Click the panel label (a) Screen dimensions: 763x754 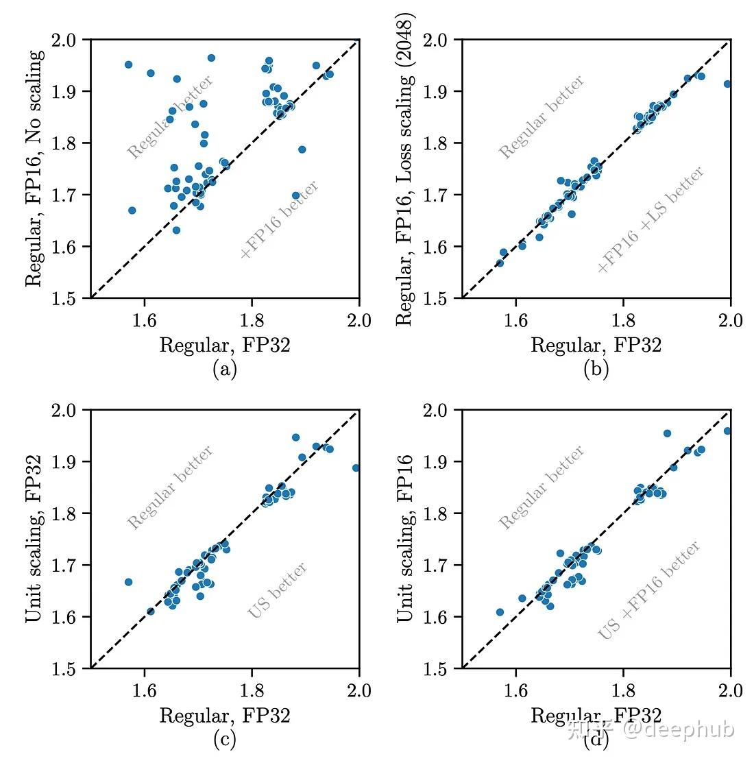tap(224, 370)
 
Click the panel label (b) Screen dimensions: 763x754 tap(596, 370)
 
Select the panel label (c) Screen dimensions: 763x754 tap(224, 740)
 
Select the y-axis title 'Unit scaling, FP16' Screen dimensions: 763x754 tap(405, 539)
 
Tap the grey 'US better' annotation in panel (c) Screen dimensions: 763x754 tap(277, 590)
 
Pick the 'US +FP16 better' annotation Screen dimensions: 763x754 tap(649, 590)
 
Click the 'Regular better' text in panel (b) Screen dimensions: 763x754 tap(542, 117)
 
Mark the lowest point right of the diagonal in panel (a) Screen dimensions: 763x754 tap(295, 195)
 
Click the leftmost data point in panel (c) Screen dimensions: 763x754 tap(128, 582)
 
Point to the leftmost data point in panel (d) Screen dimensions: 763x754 tap(500, 612)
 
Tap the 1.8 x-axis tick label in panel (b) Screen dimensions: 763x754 tap(623, 320)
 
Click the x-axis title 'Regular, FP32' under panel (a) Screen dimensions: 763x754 tap(224, 345)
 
